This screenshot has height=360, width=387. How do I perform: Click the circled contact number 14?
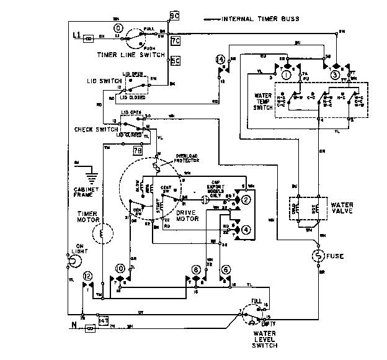pyautogui.click(x=220, y=60)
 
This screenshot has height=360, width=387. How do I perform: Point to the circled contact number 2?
pyautogui.click(x=246, y=200)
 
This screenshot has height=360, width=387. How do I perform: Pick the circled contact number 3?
pyautogui.click(x=335, y=75)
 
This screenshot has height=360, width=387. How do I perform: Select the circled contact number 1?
pyautogui.click(x=286, y=75)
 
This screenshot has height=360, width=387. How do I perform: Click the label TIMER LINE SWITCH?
pyautogui.click(x=130, y=55)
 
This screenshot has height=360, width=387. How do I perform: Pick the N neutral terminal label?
pyautogui.click(x=73, y=325)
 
